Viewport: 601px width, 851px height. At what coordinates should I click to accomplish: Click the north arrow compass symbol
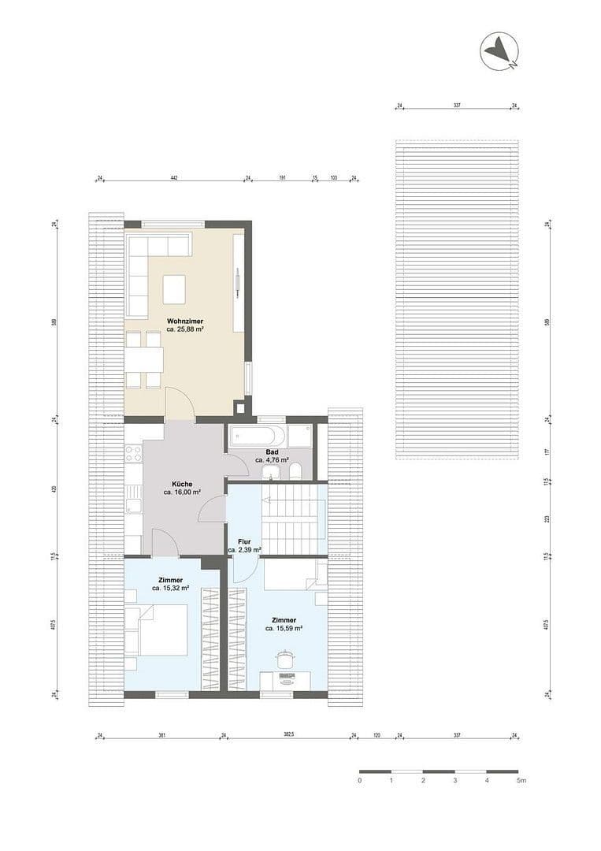[x=501, y=51]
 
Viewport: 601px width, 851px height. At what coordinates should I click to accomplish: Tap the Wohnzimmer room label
[x=185, y=321]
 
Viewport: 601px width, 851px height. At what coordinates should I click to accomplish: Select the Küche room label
[x=183, y=485]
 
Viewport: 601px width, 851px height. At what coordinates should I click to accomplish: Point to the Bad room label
[x=272, y=452]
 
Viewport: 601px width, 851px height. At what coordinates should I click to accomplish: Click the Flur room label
[x=243, y=542]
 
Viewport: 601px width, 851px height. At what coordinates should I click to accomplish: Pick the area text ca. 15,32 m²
[x=170, y=588]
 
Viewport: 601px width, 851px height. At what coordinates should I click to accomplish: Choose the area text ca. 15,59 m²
[x=284, y=628]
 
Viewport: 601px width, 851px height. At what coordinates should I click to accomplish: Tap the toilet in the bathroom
[x=295, y=471]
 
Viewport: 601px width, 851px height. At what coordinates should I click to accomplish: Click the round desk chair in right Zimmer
[x=284, y=659]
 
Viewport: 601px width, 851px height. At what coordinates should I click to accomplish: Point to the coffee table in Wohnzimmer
[x=174, y=288]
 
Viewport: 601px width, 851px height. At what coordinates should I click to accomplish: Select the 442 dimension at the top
[x=174, y=179]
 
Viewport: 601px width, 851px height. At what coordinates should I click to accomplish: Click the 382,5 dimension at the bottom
[x=288, y=735]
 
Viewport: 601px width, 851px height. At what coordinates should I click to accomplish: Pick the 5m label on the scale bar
[x=521, y=780]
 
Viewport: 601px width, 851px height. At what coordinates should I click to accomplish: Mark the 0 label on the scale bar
[x=359, y=780]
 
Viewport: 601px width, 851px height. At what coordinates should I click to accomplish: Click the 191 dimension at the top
[x=281, y=179]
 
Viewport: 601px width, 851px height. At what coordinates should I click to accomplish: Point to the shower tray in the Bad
[x=299, y=436]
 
